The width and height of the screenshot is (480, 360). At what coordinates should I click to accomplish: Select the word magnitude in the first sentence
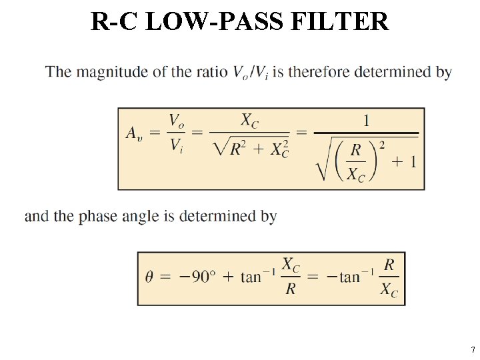coord(113,72)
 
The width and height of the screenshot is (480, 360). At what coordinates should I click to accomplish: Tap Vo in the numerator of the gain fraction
coord(177,121)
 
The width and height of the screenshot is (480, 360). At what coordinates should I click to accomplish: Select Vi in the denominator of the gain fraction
coord(176,145)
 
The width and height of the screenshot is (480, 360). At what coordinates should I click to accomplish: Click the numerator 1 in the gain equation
coord(366,120)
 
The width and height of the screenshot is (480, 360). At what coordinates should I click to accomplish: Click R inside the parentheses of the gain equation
coord(357,151)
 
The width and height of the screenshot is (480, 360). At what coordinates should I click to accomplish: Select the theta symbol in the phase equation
coord(150,277)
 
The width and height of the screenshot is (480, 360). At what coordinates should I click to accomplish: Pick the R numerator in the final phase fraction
coord(389,265)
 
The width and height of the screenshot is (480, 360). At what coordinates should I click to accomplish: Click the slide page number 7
coord(472,350)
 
